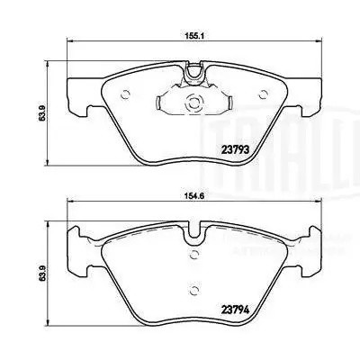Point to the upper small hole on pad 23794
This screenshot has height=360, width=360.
(x=193, y=254)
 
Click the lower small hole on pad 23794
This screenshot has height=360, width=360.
(x=193, y=289)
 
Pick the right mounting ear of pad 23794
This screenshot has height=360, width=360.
(x=301, y=265)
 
